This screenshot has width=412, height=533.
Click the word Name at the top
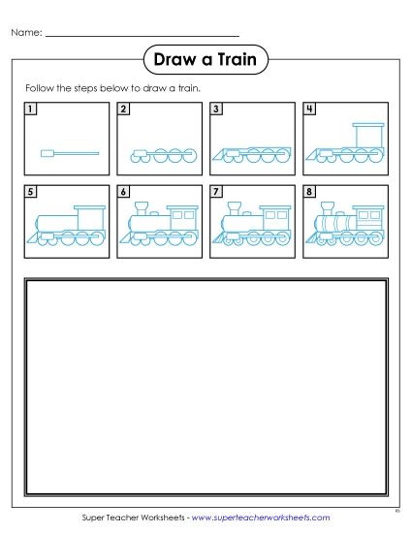tap(26, 33)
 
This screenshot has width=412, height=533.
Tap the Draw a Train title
tap(206, 61)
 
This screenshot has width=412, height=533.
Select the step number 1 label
tap(30, 109)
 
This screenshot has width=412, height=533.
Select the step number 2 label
tap(123, 109)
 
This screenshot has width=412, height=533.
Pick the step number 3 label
tap(215, 109)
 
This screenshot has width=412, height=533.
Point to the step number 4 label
tap(308, 109)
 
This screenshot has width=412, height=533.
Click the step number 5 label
tap(30, 192)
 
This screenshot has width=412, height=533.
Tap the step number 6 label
tap(123, 192)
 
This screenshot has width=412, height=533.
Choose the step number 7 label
tap(215, 192)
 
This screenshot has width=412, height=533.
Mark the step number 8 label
tap(308, 192)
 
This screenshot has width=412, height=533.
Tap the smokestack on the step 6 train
tap(142, 207)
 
